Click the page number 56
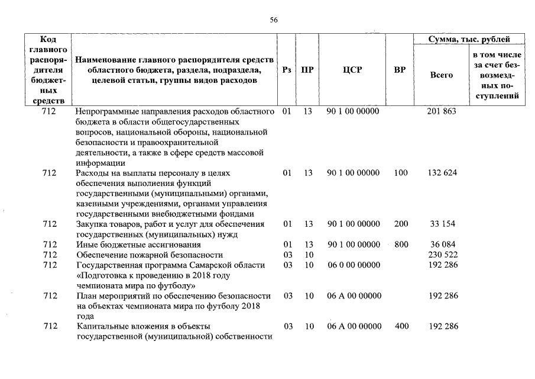274,20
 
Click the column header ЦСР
352,70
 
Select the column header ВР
400,70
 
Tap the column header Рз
287,70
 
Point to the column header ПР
307,70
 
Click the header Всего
442,75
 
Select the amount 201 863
442,111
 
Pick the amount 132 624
442,173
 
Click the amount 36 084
442,245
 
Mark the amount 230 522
442,255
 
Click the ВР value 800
400,245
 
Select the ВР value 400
400,326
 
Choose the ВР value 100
400,173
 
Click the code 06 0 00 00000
353,265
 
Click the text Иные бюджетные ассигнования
139,245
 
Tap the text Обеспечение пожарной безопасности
150,255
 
